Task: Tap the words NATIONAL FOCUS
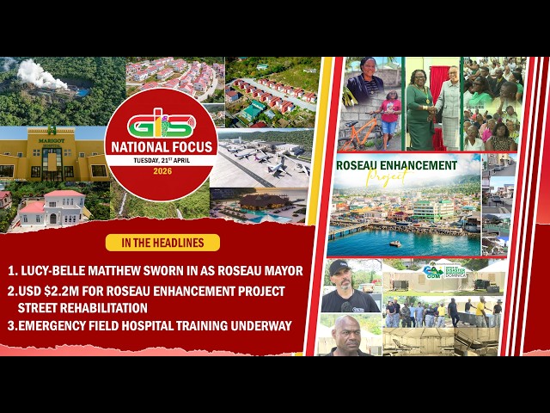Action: click(x=161, y=146)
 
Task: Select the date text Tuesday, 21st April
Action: click(x=161, y=160)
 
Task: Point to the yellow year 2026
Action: click(x=161, y=170)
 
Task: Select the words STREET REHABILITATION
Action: click(x=82, y=307)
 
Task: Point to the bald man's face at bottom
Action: click(x=345, y=332)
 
